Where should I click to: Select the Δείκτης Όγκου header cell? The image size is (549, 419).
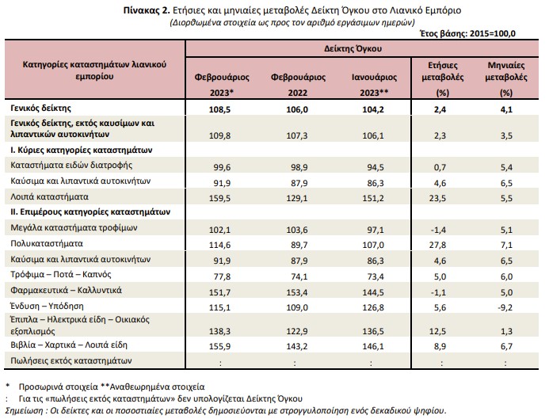pos(353,48)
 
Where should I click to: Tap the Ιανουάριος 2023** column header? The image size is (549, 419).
pos(374,85)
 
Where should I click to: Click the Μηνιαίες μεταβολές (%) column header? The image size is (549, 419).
pos(506,78)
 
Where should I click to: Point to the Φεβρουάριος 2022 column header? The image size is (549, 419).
pos(298,85)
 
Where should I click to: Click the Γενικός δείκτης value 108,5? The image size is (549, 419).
pos(219,109)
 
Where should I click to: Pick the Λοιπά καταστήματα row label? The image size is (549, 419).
pos(49,196)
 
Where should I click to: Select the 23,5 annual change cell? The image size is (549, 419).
pos(437,198)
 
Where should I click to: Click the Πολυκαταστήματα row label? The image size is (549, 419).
pos(48,244)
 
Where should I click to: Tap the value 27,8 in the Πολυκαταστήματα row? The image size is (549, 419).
pos(437,245)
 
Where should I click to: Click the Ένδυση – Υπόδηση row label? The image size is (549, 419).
pos(47,307)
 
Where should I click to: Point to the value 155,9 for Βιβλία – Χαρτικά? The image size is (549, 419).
pos(219,346)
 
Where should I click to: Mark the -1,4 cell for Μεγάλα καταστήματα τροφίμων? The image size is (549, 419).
pos(438,230)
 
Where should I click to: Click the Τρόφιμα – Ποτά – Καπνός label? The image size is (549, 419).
pos(61,274)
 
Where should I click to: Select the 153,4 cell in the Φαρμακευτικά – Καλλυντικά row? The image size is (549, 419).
pos(296,292)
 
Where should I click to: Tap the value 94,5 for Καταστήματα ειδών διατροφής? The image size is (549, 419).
pos(376,167)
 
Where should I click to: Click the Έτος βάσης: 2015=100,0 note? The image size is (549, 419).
pos(467,33)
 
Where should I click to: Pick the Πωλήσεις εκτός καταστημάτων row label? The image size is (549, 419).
pos(71,360)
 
